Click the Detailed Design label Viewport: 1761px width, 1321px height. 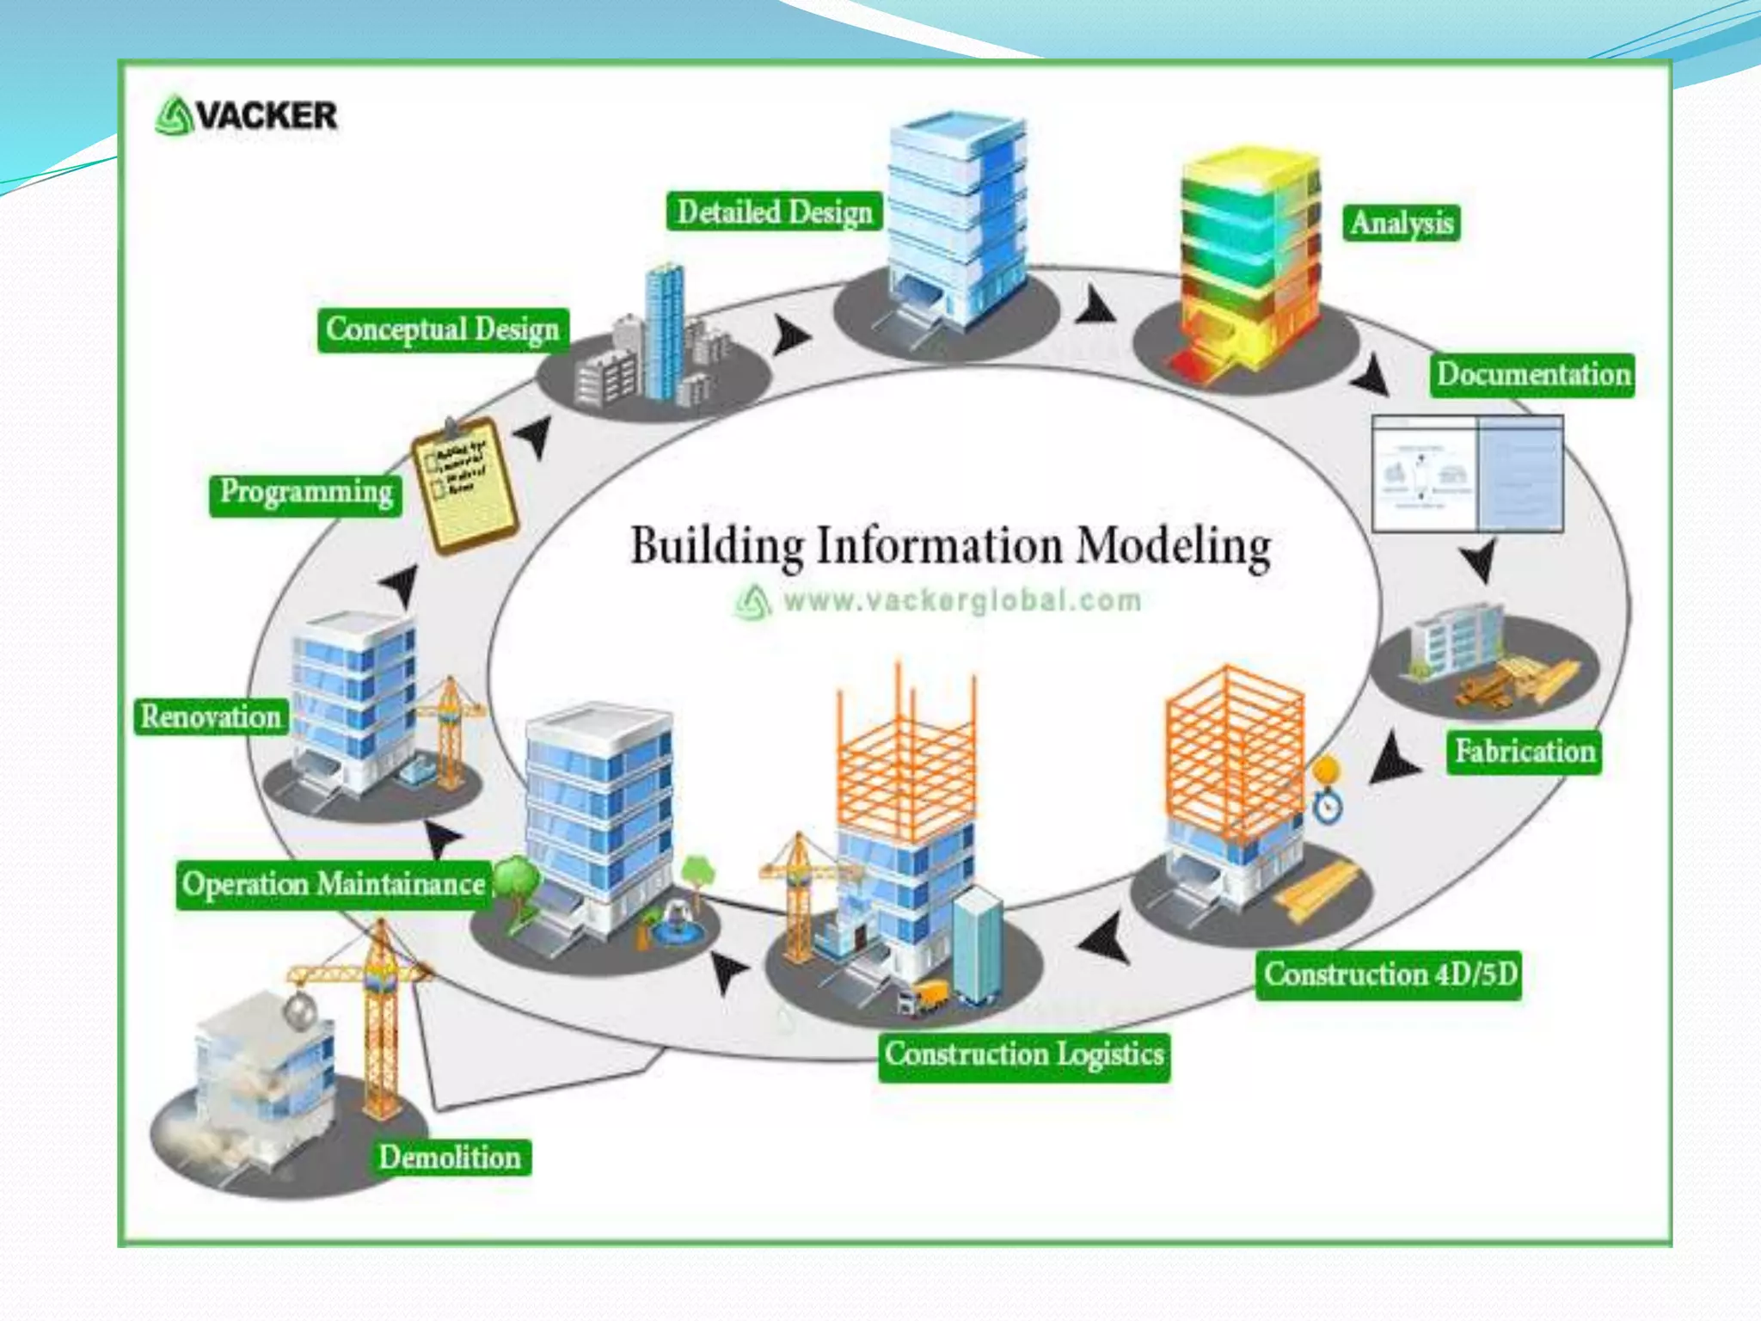(x=774, y=212)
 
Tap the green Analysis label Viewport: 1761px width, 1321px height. (x=1402, y=223)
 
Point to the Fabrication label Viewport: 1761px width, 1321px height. (x=1524, y=752)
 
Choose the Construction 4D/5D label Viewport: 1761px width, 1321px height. (x=1389, y=974)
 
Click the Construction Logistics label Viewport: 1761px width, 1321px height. (x=1024, y=1054)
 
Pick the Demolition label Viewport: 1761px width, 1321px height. (x=450, y=1158)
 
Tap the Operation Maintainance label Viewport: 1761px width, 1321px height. (x=334, y=885)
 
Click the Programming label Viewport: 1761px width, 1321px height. (x=306, y=492)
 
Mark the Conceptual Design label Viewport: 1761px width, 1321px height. (x=443, y=329)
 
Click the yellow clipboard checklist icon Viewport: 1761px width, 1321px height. (x=465, y=485)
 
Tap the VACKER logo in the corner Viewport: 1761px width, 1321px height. (x=247, y=115)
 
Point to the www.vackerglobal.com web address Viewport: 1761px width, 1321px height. (x=961, y=599)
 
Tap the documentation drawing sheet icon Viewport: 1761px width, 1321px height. (x=1467, y=474)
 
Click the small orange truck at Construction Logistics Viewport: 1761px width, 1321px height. (x=925, y=998)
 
